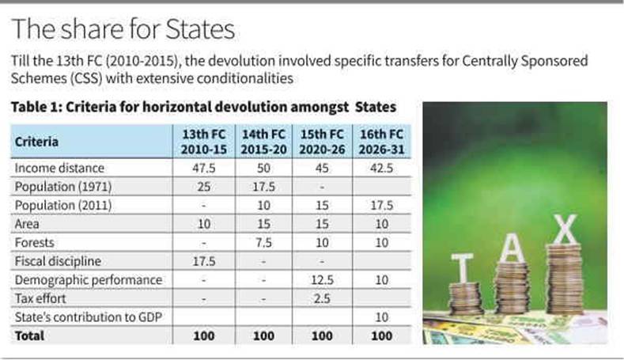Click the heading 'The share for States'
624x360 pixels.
coord(123,29)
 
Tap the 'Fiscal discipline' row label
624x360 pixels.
coord(55,261)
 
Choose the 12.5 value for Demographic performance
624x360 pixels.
coord(323,280)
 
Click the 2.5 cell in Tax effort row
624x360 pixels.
coord(323,298)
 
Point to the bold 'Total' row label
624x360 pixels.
coord(29,335)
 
